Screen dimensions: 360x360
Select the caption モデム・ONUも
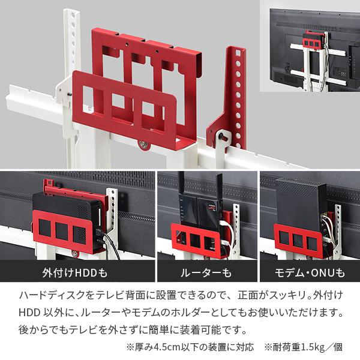pyautogui.click(x=310, y=274)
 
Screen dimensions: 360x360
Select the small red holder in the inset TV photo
pyautogui.click(x=310, y=42)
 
